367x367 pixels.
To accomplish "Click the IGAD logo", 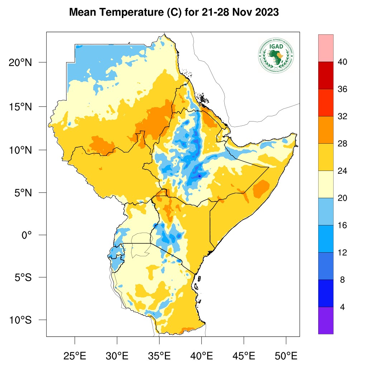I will point(276,55).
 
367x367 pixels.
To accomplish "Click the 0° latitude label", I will point(27,235).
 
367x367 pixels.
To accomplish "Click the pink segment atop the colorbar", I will point(325,48).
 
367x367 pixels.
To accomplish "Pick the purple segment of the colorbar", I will point(325,320).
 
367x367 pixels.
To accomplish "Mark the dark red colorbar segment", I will point(325,75).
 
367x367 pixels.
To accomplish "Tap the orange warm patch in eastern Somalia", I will point(262,189).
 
